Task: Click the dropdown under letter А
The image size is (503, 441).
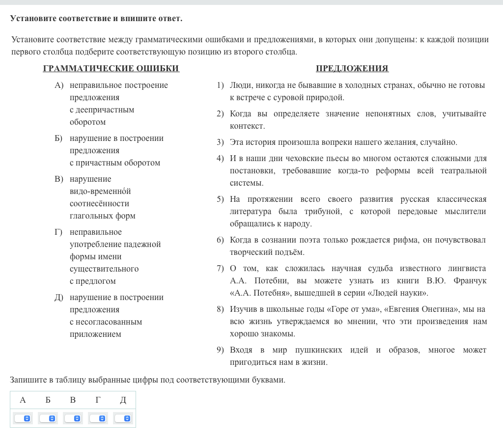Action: (x=23, y=418)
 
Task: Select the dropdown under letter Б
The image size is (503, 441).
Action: (x=48, y=418)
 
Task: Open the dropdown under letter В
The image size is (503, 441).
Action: (x=73, y=418)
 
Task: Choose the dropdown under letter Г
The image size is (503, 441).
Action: (x=98, y=418)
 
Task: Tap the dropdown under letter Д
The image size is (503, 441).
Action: (x=123, y=418)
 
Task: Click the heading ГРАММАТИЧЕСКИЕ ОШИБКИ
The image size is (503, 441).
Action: (x=111, y=69)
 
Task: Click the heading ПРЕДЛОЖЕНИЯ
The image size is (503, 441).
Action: (x=352, y=69)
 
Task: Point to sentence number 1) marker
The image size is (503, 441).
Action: (x=220, y=85)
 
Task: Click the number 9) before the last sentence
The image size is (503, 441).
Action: (x=220, y=350)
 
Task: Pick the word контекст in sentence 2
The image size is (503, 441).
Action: (x=248, y=126)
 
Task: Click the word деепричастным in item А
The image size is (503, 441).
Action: (x=102, y=110)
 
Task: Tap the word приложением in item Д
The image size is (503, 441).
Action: (x=95, y=334)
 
